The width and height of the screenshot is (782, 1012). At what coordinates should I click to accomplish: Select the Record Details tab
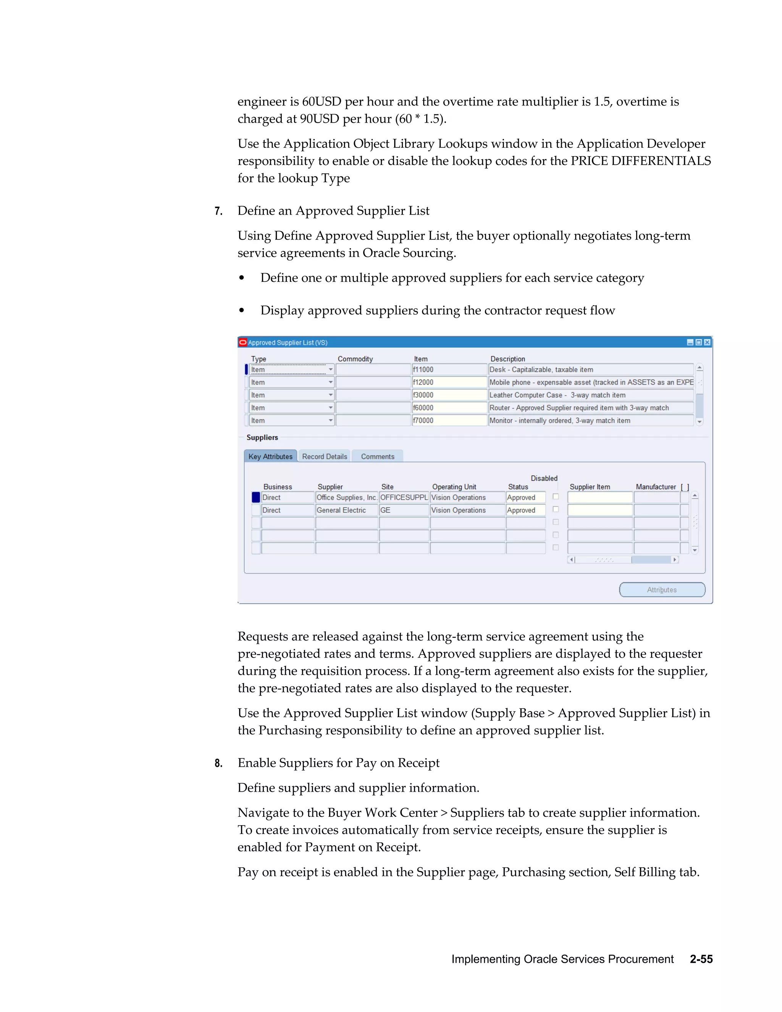click(x=324, y=456)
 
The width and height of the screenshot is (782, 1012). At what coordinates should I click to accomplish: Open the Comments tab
click(x=377, y=456)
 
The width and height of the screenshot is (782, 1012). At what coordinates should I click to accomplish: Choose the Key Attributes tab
click(x=271, y=456)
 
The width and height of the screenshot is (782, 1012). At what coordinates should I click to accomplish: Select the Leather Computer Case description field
click(x=590, y=395)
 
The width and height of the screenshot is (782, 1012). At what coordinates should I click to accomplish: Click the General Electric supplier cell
click(x=347, y=510)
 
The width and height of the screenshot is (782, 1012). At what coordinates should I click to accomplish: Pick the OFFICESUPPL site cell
click(x=404, y=498)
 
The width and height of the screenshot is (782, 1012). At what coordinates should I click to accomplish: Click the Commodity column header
click(x=355, y=359)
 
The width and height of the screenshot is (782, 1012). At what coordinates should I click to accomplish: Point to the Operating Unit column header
click(x=454, y=487)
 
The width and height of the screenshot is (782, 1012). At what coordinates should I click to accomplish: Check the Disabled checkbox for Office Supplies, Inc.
click(x=556, y=497)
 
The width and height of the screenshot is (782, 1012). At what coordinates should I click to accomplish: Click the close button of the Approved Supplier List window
click(x=707, y=343)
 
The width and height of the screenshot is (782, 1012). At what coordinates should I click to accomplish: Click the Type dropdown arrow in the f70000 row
click(x=330, y=421)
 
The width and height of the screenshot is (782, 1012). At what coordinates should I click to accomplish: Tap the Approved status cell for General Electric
click(x=525, y=510)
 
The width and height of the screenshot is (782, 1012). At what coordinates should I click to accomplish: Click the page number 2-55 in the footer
click(x=701, y=959)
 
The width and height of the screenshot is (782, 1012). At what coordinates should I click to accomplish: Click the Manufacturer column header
click(x=656, y=487)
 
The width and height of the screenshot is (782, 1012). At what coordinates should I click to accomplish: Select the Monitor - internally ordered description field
click(x=590, y=421)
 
